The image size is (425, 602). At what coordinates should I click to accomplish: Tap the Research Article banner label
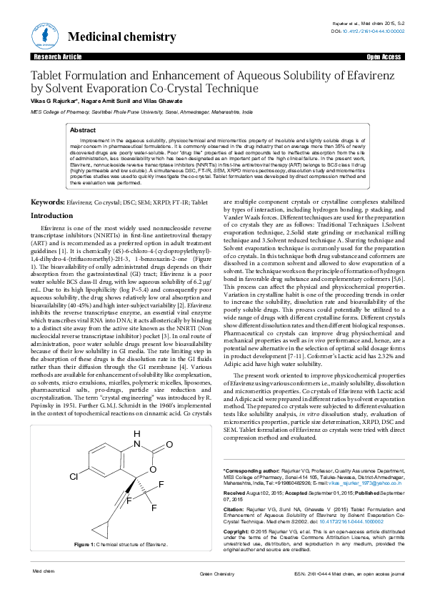[x=53, y=56]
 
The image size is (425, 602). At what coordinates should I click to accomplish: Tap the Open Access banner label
[x=384, y=56]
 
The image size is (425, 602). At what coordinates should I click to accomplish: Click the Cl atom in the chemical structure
[x=74, y=475]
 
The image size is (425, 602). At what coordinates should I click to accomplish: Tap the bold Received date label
[x=238, y=493]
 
